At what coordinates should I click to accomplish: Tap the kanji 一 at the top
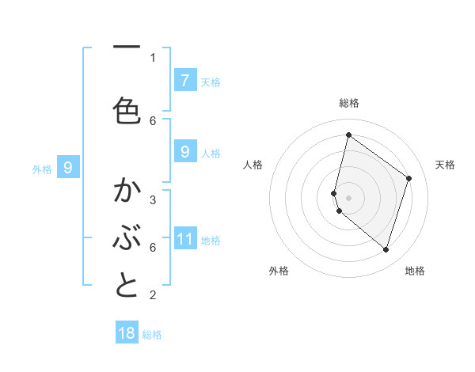coord(127,47)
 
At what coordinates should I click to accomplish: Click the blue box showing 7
coord(184,80)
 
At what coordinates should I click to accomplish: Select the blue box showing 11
coord(184,238)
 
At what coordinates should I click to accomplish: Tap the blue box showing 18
coord(127,333)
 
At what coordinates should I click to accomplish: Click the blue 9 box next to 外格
coord(68,167)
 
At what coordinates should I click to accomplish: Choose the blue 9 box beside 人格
coord(184,151)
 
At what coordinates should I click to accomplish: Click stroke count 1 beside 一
coord(153,57)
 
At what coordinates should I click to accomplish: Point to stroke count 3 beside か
coord(153,199)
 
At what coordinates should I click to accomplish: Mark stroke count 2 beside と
coord(153,295)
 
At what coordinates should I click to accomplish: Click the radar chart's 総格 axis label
coord(348,103)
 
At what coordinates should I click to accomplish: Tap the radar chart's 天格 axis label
coord(445,165)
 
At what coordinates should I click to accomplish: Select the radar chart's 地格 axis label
coord(415,271)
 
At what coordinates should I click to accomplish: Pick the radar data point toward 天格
coord(409,179)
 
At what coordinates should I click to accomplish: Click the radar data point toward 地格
coord(386,250)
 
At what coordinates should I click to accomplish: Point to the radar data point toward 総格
coord(348,135)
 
